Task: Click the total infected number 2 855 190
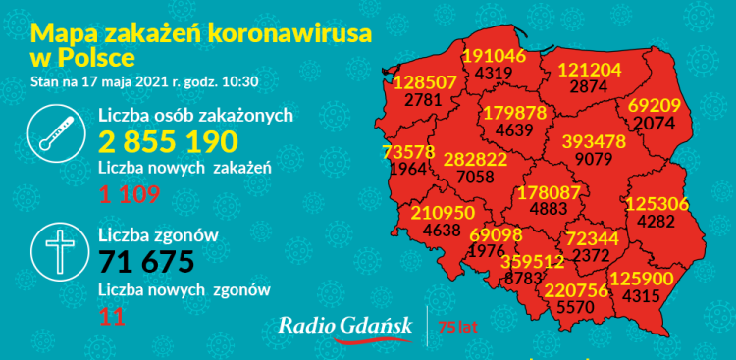tap(167, 141)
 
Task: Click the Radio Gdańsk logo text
tap(344, 327)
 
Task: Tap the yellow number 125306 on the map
tap(657, 203)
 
